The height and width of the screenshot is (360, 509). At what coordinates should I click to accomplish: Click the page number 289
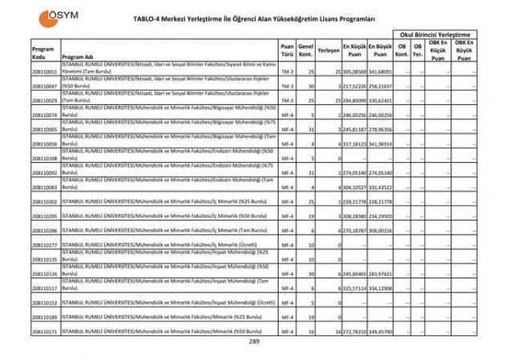pos(254,342)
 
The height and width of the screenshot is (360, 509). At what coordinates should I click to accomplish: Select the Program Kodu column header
pos(44,53)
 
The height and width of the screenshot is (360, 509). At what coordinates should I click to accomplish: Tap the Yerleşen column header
pos(327,50)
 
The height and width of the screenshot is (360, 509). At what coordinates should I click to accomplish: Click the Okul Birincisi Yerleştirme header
pos(434,35)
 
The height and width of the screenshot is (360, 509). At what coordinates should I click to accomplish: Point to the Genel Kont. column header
pos(305,50)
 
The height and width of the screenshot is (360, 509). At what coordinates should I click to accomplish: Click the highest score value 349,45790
pos(380,331)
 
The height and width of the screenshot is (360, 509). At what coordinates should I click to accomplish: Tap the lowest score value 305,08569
pos(353,71)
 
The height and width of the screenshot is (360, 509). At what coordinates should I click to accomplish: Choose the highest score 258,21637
pos(380,86)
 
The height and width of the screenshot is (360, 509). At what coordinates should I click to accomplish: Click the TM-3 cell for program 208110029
pos(287,100)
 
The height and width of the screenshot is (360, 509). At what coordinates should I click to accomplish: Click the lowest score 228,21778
pos(353,201)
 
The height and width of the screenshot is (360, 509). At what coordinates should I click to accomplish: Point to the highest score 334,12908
pos(380,288)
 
